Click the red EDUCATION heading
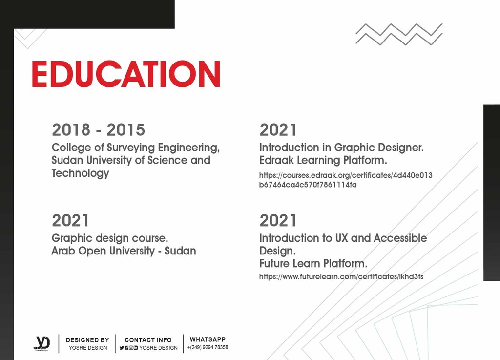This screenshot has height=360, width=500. (126, 74)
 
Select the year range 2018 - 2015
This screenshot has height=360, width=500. (99, 130)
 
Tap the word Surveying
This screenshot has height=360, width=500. (131, 148)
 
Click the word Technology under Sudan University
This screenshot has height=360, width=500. (81, 173)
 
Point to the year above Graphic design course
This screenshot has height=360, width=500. (70, 220)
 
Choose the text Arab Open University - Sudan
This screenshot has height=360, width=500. (124, 251)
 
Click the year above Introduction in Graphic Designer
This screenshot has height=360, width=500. (278, 130)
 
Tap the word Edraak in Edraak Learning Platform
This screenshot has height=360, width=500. (276, 160)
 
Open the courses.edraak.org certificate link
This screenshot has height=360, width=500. (346, 180)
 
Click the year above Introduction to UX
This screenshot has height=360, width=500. (278, 220)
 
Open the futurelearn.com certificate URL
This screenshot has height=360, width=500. (341, 277)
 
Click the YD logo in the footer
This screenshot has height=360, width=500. (42, 343)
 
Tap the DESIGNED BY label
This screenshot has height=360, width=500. (87, 340)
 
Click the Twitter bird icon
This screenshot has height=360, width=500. (122, 348)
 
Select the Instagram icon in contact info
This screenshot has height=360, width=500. (131, 348)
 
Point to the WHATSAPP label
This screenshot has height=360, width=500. (208, 339)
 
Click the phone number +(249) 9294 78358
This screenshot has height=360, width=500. (208, 347)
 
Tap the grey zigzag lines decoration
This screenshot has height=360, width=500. (399, 34)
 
